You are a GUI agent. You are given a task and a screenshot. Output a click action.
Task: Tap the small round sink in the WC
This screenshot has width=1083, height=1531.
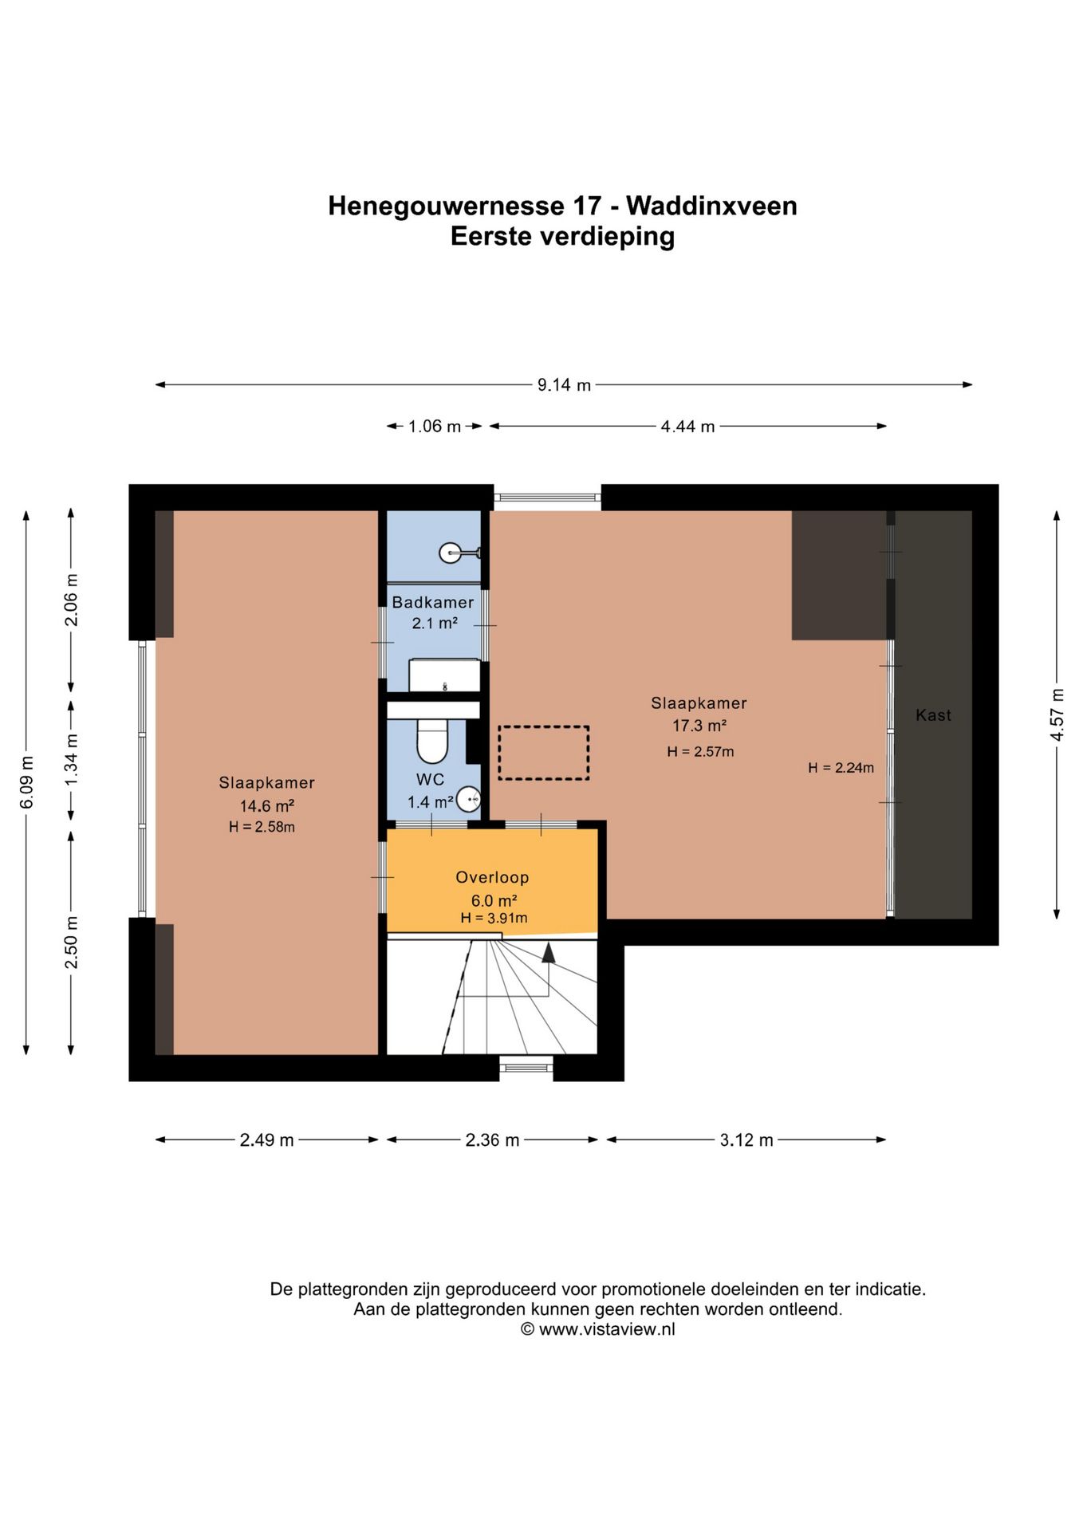click(470, 798)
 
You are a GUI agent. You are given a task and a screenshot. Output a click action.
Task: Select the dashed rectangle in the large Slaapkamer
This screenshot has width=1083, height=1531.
click(544, 753)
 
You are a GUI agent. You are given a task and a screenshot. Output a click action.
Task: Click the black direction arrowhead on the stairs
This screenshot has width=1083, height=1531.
click(548, 953)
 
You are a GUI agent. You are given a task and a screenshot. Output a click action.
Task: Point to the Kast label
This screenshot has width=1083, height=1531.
click(933, 715)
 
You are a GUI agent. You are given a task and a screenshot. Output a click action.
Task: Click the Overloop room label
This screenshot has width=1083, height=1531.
click(492, 877)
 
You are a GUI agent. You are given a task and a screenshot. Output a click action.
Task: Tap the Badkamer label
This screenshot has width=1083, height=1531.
click(433, 602)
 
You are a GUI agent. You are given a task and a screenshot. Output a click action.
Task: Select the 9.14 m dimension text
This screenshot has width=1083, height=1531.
click(564, 385)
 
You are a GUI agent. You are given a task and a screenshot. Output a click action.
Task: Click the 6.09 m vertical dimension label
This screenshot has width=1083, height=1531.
click(26, 781)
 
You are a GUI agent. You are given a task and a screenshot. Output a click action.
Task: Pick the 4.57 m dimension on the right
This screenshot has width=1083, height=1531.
click(1057, 714)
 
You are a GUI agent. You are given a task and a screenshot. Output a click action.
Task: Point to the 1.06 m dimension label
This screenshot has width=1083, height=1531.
click(435, 427)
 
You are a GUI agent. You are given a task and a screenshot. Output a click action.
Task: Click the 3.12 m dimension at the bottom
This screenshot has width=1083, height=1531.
click(746, 1140)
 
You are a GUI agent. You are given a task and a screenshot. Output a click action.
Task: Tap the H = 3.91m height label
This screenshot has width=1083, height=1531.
click(494, 918)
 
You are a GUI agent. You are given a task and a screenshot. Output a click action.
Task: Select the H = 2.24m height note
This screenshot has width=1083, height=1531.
click(841, 768)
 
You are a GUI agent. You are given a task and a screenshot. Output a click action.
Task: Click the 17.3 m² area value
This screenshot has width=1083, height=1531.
click(699, 726)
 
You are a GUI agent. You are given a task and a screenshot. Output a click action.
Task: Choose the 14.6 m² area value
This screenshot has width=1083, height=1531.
click(267, 805)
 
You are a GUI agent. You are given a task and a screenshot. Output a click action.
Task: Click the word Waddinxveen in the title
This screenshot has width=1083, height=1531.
click(711, 206)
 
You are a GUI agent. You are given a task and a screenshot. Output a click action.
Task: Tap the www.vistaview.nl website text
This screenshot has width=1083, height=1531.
click(607, 1329)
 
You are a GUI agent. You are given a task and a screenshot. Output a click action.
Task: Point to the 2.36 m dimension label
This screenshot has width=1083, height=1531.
click(492, 1140)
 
